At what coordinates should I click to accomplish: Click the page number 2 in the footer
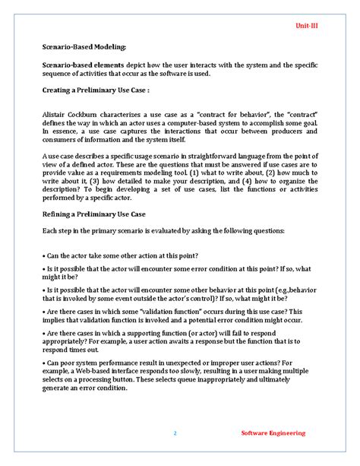tap(174, 433)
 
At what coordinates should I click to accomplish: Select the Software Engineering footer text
tap(273, 433)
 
